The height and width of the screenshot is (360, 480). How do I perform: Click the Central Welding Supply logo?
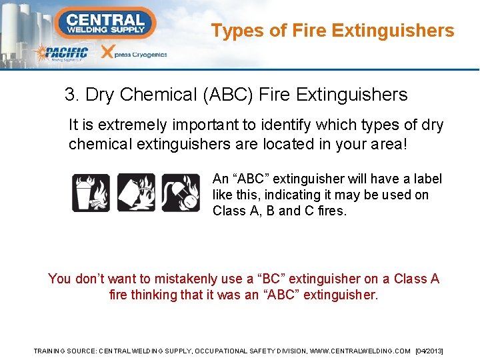point(105,23)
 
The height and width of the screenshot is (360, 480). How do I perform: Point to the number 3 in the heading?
point(69,95)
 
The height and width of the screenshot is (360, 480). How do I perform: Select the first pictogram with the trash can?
point(91,193)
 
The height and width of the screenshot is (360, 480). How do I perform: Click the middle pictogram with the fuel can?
point(136,193)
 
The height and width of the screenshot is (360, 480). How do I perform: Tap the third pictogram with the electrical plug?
point(180,193)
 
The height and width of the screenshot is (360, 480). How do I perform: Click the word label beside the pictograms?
point(427,179)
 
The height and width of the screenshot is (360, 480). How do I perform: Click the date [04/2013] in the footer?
point(429,351)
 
